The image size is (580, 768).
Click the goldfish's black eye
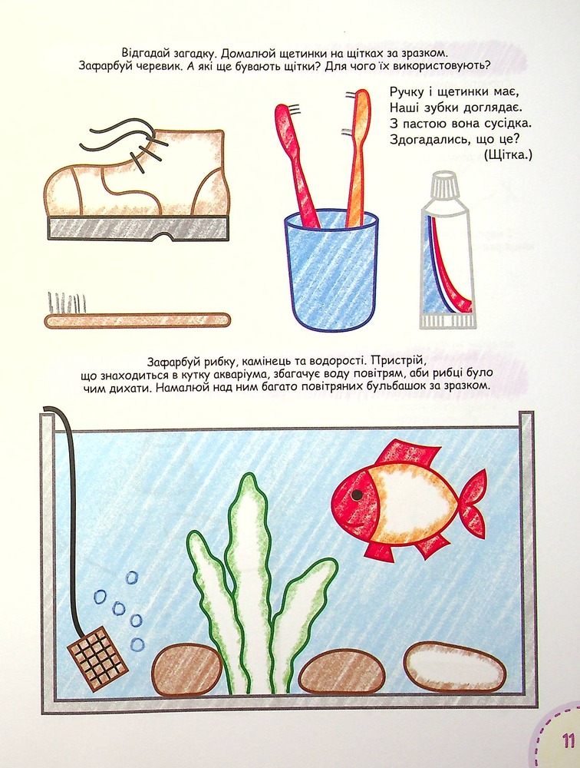pos(358,495)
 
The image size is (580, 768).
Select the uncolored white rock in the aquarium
pos(455,667)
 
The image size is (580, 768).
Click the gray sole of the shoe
pos(138,228)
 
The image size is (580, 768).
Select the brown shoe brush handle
pos(137,320)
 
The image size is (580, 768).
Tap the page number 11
pos(568,740)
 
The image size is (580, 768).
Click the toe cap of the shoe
pos(63,190)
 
